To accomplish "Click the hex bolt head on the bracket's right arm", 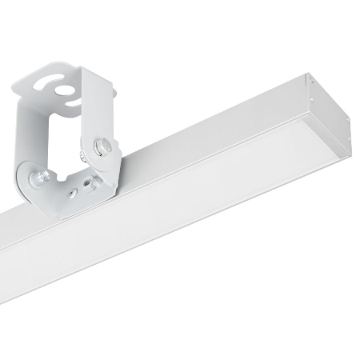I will pos(102,146).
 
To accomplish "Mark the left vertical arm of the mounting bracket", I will pos(32,128).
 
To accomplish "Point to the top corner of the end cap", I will pos(307,74).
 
